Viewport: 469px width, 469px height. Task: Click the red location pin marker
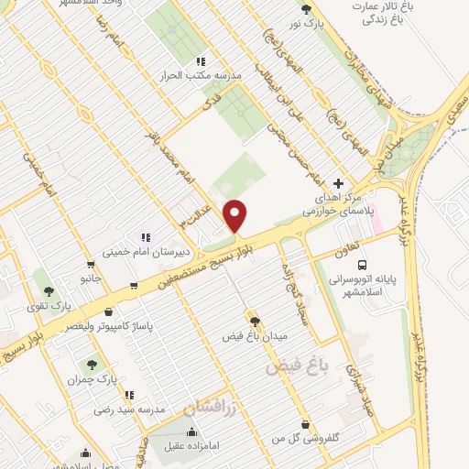point(235,215)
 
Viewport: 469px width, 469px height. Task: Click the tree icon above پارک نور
point(306,10)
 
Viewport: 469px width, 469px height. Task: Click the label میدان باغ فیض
point(254,336)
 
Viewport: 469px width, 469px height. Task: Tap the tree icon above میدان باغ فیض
point(254,321)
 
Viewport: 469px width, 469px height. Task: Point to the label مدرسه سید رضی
point(127,409)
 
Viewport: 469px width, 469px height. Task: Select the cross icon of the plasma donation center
point(340,182)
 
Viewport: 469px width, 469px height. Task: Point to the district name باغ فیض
point(297,365)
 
